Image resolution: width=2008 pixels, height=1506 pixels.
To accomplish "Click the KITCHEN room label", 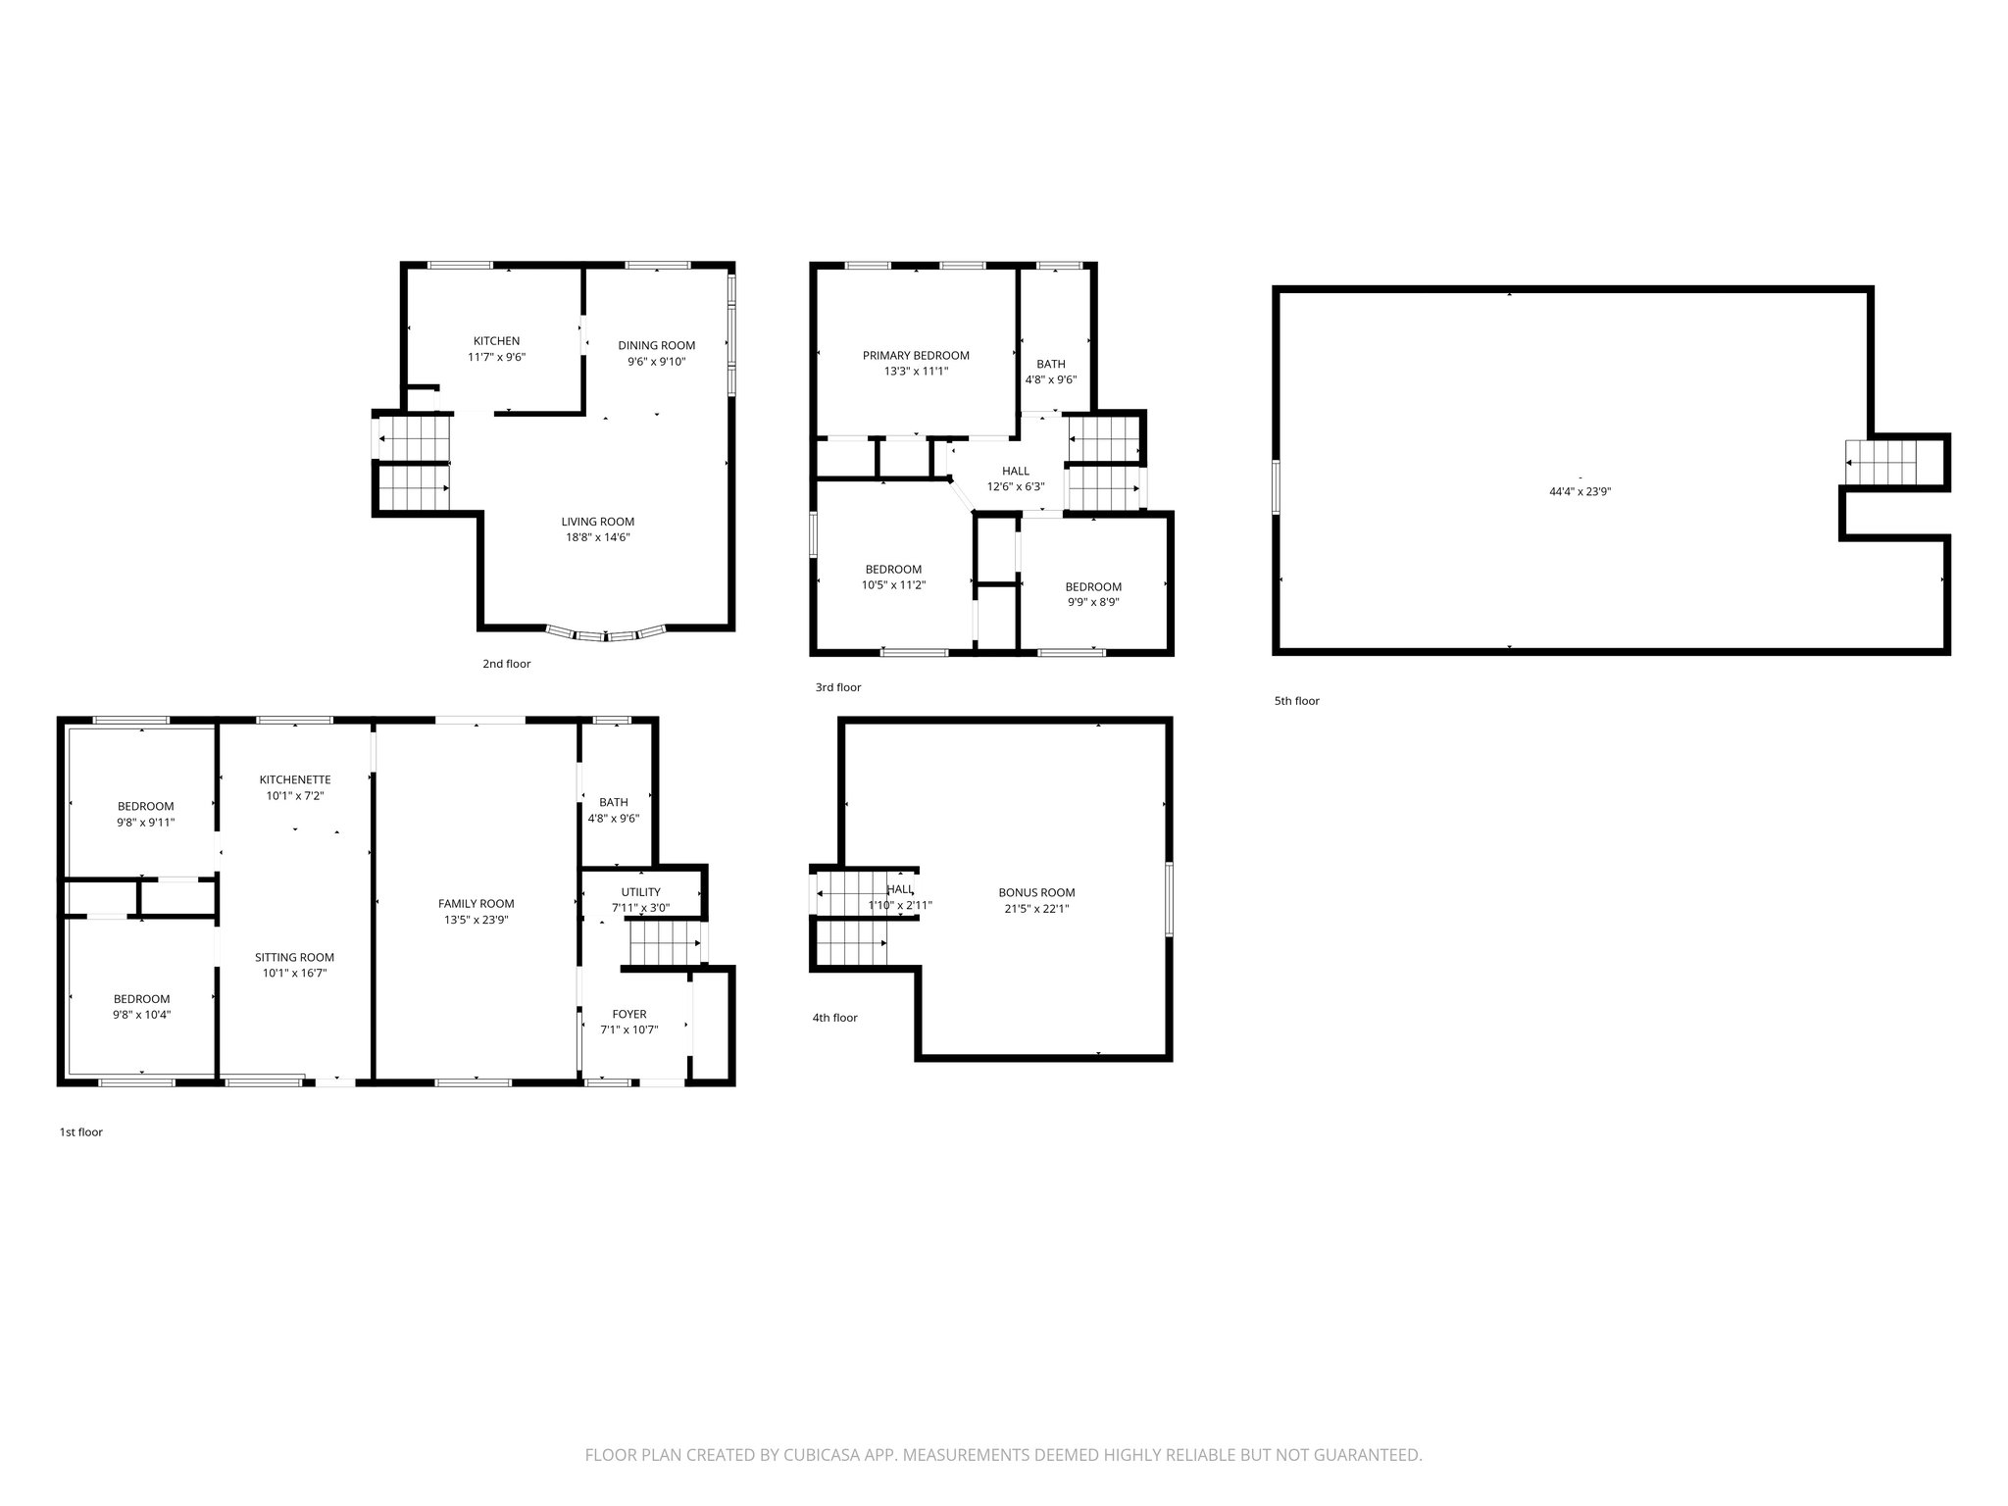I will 496,341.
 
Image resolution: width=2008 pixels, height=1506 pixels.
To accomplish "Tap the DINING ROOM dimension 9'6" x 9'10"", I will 656,362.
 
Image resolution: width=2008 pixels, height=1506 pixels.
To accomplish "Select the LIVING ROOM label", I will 597,522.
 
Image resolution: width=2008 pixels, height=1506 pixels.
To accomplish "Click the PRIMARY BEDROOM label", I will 916,356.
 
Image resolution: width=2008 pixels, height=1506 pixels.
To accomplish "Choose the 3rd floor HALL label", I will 1016,472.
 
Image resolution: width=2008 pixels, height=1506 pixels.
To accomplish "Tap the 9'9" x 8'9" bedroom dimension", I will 1093,603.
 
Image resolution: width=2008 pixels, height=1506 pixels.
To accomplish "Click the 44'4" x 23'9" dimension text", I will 1580,492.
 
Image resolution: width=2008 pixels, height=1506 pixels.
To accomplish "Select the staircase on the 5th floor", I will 1881,462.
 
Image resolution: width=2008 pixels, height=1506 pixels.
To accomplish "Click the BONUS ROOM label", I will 1036,893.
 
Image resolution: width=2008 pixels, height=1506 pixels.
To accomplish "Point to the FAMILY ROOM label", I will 476,904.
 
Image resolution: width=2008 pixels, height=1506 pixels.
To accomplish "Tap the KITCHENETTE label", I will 295,779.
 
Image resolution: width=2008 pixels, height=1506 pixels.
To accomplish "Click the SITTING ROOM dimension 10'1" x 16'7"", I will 294,974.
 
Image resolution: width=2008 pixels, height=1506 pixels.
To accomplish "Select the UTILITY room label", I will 640,892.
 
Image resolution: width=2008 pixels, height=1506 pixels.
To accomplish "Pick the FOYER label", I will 629,1015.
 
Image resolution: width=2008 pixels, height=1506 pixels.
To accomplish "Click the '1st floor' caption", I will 80,1132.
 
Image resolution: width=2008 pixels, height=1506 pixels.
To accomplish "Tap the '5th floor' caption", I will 1296,701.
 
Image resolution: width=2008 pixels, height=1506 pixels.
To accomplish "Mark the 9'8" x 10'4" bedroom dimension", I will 141,1015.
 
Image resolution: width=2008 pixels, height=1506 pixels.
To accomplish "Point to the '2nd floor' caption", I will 506,664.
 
